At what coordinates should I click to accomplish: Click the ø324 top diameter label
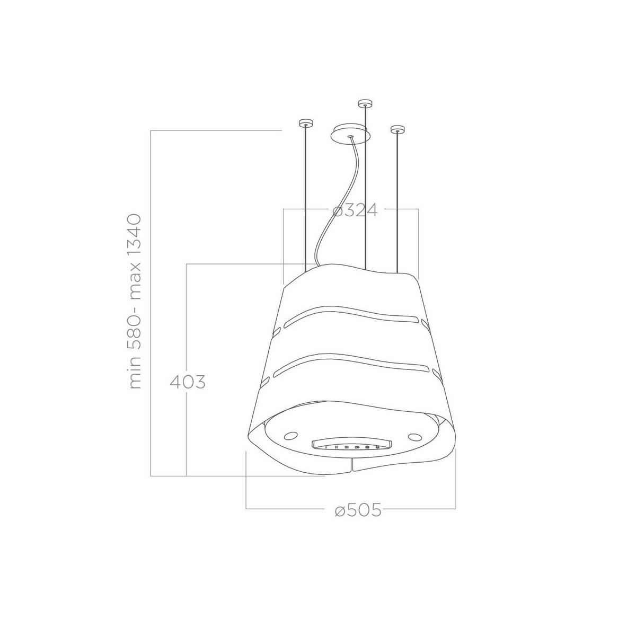(x=355, y=210)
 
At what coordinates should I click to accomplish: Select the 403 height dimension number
(x=188, y=382)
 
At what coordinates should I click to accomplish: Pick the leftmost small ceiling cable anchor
(x=306, y=123)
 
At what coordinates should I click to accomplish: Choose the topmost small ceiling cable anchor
(x=365, y=103)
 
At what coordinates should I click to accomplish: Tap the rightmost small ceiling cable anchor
(x=397, y=129)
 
